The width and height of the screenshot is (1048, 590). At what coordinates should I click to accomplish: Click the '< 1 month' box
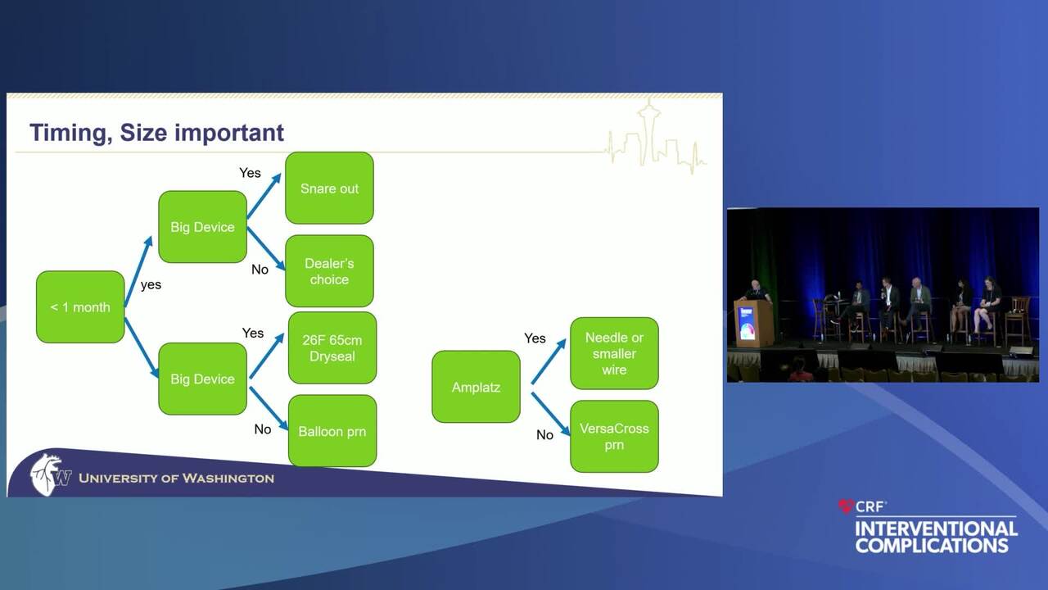point(80,307)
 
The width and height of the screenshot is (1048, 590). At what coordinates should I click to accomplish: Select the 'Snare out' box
point(329,188)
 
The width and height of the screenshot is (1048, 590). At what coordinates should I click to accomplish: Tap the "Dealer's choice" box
point(329,271)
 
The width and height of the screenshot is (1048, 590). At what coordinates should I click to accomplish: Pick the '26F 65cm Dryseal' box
point(332,347)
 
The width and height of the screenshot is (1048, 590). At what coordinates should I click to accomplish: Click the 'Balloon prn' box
point(332,431)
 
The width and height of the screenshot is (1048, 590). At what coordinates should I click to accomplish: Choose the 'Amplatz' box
point(476,387)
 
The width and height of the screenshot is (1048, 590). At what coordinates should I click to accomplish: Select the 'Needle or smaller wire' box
point(614,353)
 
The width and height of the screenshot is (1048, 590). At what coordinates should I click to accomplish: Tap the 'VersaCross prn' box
point(614,436)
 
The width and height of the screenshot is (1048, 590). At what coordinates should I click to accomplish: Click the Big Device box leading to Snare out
point(202,227)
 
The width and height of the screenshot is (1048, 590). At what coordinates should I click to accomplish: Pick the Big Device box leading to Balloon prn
point(202,379)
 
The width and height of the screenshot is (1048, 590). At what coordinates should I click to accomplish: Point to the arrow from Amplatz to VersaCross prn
point(550,413)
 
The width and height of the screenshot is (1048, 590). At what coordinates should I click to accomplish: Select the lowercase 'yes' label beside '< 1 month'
point(151,285)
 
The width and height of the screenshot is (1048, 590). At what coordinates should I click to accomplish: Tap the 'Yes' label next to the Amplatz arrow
point(535,338)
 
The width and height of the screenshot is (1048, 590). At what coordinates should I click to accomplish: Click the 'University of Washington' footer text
point(176,478)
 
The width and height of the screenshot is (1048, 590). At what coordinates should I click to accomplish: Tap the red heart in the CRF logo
point(846,507)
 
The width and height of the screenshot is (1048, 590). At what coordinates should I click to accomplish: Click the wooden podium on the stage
point(753,323)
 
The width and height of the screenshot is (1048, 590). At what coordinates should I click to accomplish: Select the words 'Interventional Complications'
point(936,537)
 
